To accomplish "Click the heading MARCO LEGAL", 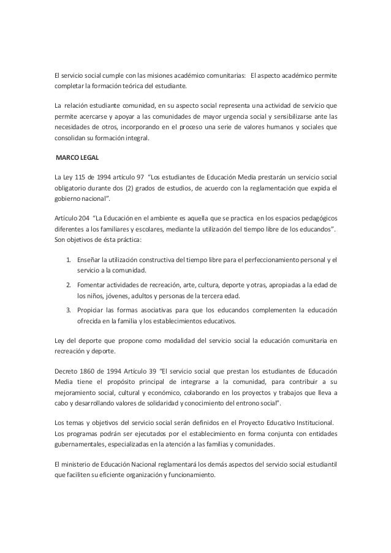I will [72, 159].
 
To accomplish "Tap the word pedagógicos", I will [314, 218].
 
